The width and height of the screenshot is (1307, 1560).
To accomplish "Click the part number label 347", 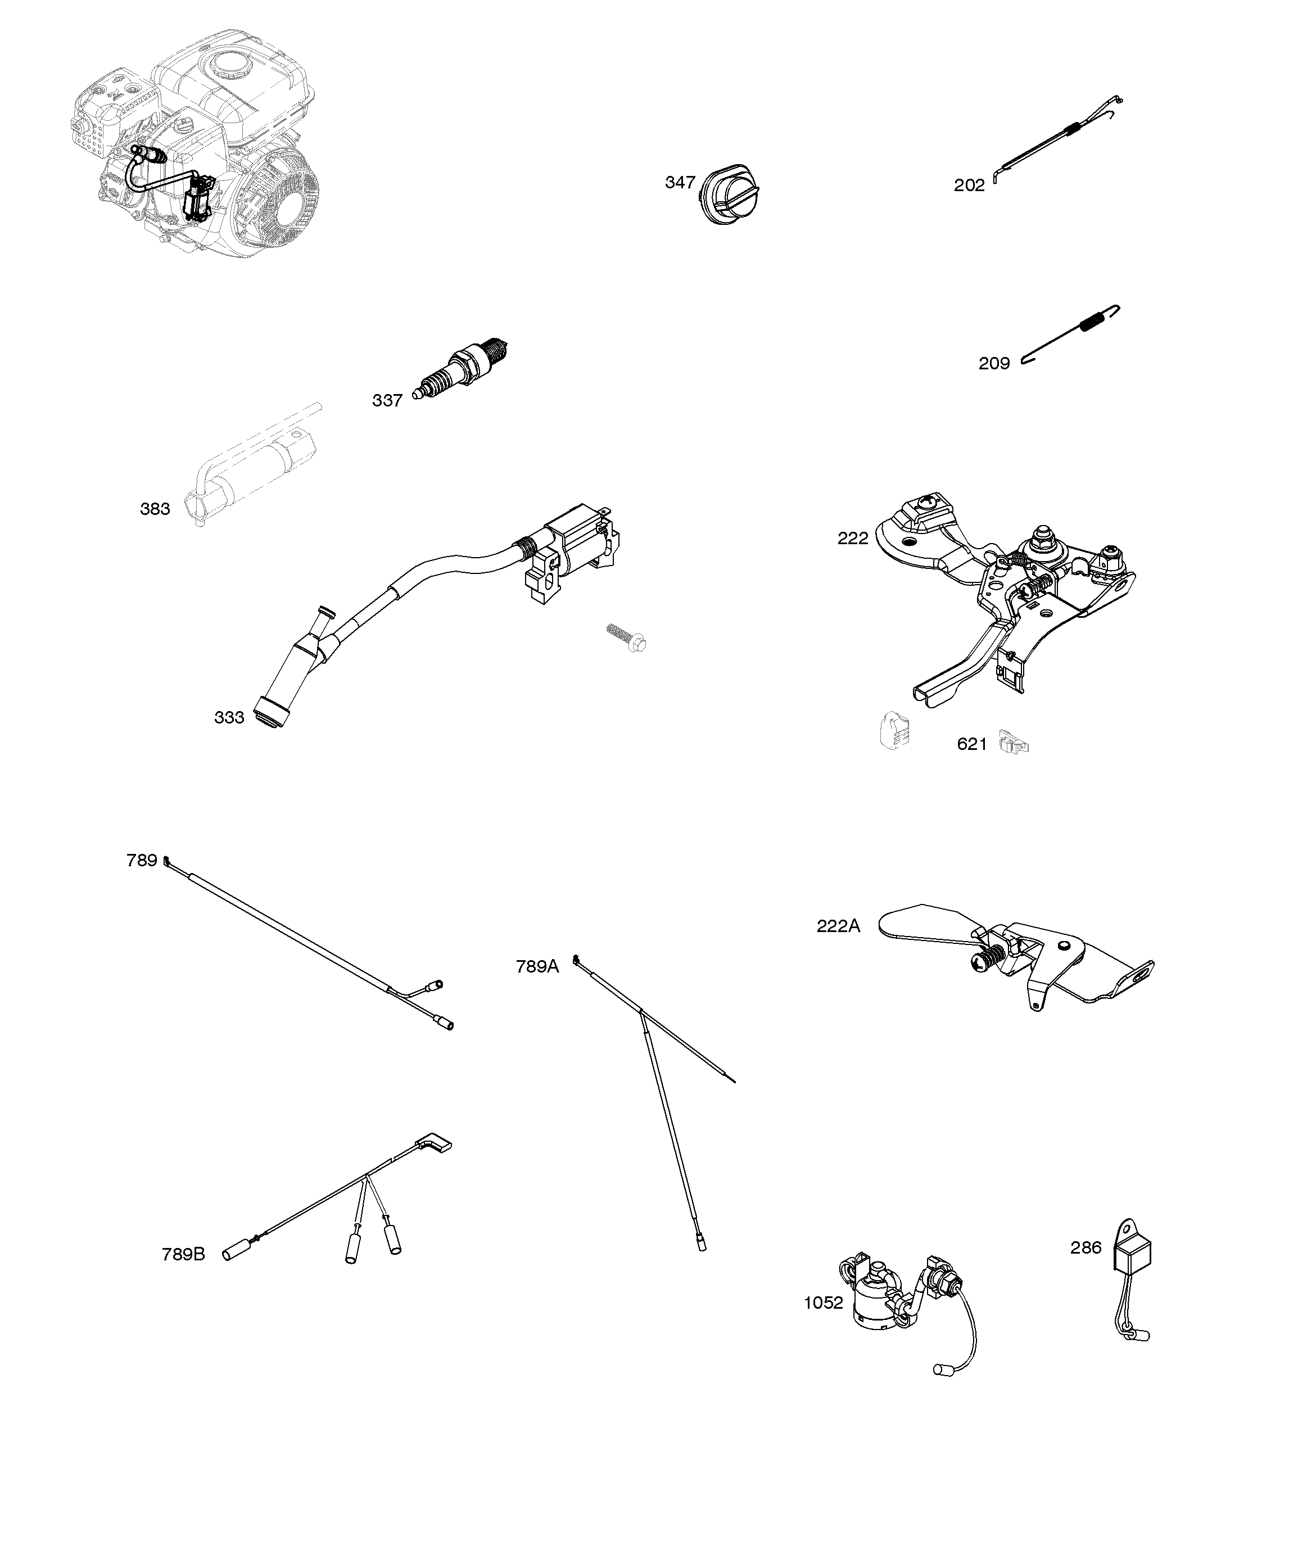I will click(679, 183).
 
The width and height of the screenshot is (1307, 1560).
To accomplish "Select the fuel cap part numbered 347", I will click(730, 195).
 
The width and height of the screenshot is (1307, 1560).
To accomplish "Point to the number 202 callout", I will click(969, 186).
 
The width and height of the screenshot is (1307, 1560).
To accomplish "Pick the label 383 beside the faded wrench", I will click(155, 509).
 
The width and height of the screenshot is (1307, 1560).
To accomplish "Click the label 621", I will click(971, 744).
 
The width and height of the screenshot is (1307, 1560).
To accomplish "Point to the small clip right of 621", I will click(1014, 741).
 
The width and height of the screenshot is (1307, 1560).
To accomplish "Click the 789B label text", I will click(183, 1254).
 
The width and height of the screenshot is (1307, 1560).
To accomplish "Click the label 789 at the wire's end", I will click(141, 860).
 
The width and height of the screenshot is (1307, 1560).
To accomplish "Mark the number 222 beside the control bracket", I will click(852, 539).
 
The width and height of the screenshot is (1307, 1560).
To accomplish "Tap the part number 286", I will click(1086, 1247).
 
